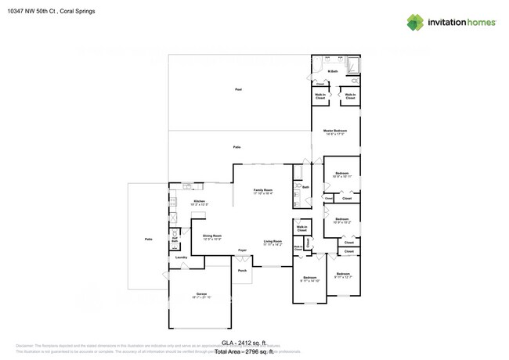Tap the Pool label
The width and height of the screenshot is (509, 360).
(239, 90)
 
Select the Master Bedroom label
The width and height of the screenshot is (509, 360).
(336, 131)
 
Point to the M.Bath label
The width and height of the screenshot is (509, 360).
(333, 72)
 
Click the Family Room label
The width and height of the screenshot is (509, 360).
(262, 191)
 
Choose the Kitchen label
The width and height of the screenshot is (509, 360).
(199, 202)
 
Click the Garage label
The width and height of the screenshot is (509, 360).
(201, 293)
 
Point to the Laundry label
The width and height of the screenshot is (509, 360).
(180, 257)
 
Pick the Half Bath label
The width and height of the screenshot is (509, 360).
(175, 240)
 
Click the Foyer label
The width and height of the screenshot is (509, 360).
(243, 250)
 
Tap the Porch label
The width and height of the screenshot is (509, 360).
(243, 270)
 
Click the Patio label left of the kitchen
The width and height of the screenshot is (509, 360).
(147, 239)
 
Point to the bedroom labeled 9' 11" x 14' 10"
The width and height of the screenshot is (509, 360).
(310, 279)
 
